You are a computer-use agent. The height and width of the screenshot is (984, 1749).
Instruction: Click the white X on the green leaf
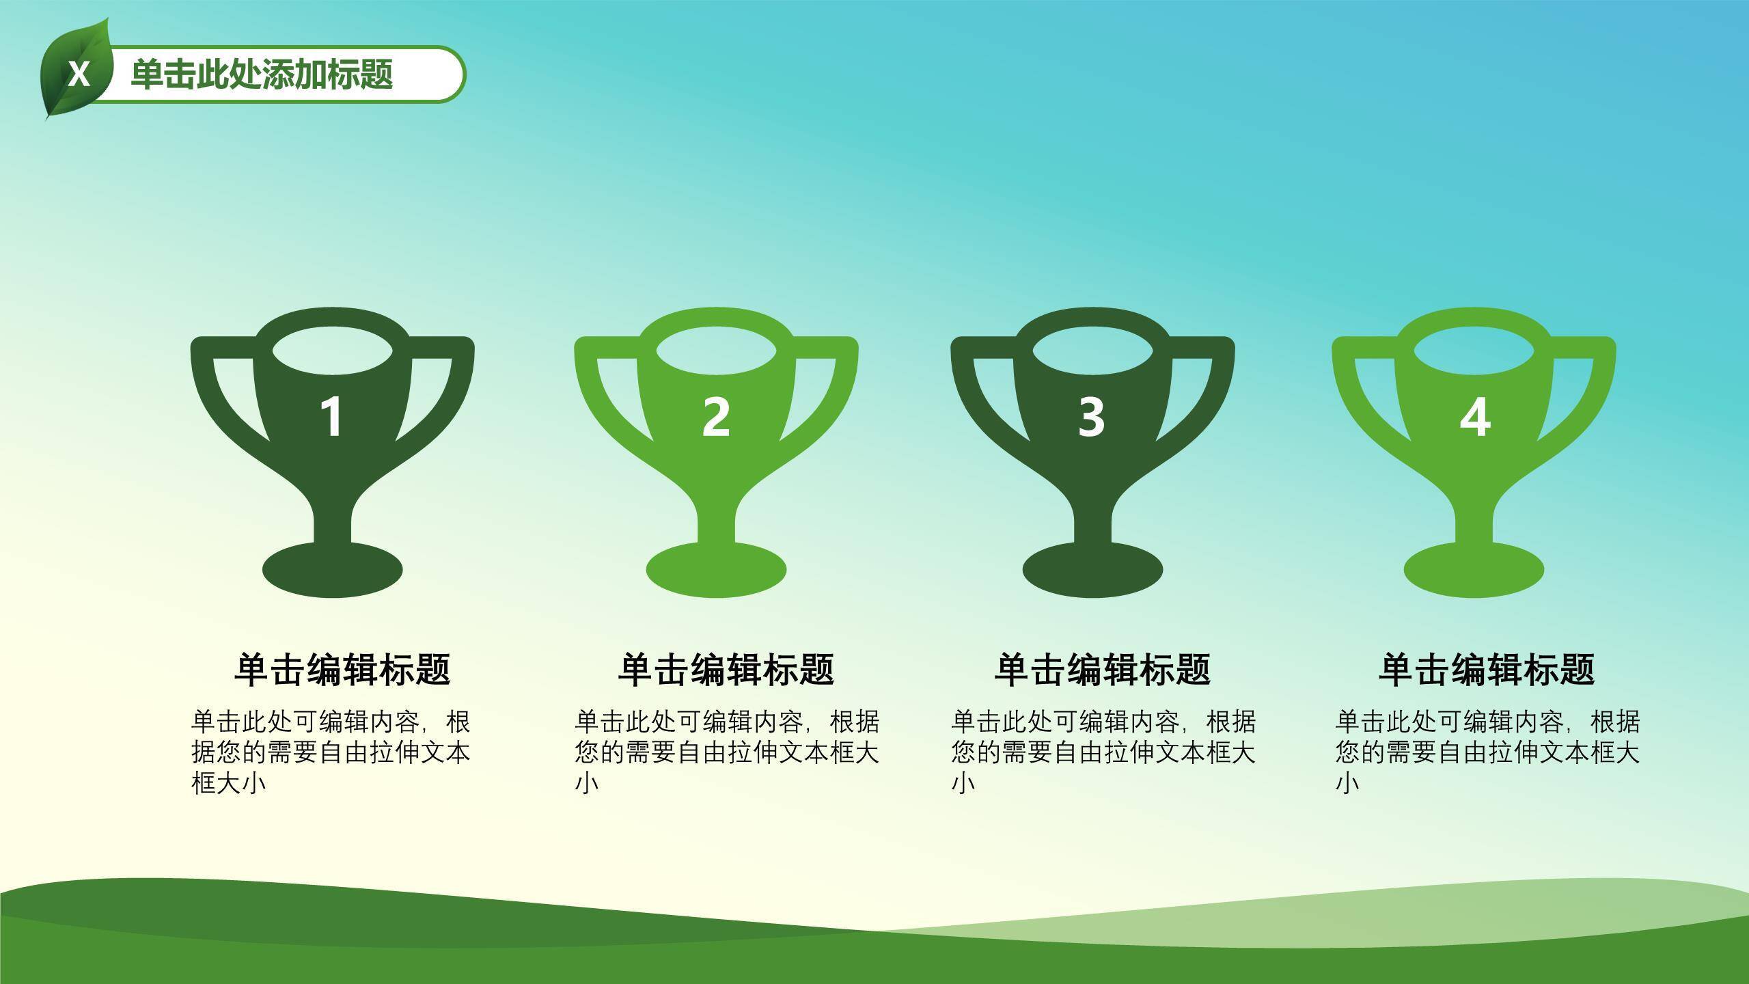pyautogui.click(x=79, y=74)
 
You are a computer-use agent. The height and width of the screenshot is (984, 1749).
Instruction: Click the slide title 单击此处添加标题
pyautogui.click(x=262, y=74)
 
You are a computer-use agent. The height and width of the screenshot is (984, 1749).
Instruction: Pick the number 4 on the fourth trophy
pyautogui.click(x=1474, y=416)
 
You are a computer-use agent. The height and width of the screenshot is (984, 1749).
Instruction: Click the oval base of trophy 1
pyautogui.click(x=333, y=570)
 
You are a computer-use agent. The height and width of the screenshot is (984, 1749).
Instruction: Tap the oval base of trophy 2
pyautogui.click(x=717, y=570)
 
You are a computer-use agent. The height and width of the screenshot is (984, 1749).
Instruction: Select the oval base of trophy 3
pyautogui.click(x=1092, y=570)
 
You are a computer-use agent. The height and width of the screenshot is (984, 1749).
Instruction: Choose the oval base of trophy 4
pyautogui.click(x=1474, y=570)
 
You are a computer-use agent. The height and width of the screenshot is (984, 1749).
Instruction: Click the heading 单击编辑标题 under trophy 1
pyautogui.click(x=342, y=669)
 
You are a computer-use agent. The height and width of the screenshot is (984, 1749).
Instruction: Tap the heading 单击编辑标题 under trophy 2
pyautogui.click(x=726, y=669)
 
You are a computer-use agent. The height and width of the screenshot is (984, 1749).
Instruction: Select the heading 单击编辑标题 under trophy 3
pyautogui.click(x=1103, y=669)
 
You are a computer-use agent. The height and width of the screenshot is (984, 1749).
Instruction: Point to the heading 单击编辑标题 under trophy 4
pyautogui.click(x=1487, y=669)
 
